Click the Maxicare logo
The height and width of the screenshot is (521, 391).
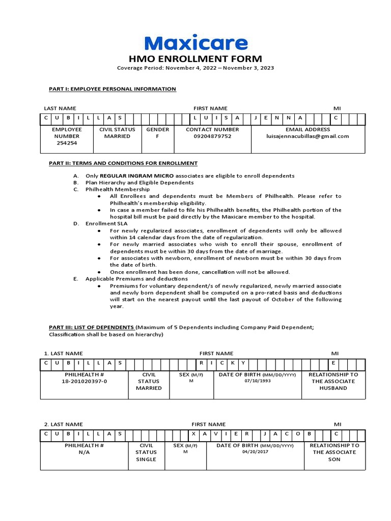tap(196, 43)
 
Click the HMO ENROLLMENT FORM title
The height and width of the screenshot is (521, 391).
tap(196, 59)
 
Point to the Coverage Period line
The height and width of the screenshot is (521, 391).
tap(196, 68)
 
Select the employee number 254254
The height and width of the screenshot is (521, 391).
tap(67, 143)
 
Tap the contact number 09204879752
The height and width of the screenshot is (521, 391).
tap(212, 136)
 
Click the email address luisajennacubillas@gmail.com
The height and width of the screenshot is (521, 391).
tap(308, 136)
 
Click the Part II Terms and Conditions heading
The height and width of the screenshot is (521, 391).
tap(120, 163)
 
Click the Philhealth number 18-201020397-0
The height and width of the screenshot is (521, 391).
tap(85, 381)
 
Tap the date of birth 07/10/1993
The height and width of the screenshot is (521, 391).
tap(257, 381)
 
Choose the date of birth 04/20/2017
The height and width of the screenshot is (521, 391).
tap(255, 452)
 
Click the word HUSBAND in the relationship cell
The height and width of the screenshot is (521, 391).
tap(333, 388)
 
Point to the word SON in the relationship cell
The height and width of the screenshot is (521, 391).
tap(334, 459)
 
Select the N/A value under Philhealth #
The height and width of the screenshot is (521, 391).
tap(85, 452)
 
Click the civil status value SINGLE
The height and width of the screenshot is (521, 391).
tap(146, 459)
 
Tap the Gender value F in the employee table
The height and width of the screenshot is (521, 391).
tap(157, 136)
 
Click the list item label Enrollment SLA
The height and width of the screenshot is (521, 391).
tap(106, 223)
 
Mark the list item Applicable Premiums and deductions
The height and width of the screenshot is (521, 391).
tap(136, 279)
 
